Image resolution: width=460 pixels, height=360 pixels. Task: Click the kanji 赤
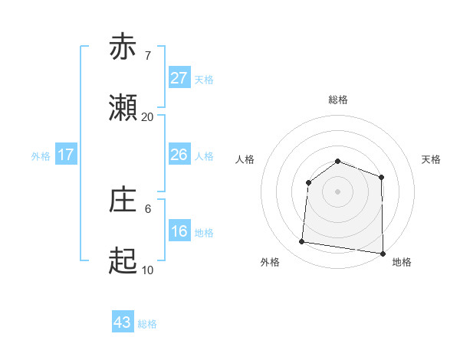[123, 47]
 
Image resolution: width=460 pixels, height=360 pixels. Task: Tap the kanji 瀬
[123, 109]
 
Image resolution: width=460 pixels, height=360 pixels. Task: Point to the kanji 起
[123, 261]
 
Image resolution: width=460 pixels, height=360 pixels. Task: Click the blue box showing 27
[179, 78]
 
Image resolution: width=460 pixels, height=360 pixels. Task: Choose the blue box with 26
[179, 155]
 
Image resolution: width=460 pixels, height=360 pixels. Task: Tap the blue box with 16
[179, 231]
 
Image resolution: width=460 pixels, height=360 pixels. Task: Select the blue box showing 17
[66, 155]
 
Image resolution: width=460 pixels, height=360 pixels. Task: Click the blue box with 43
[123, 322]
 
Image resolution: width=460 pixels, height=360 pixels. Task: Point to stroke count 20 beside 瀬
[147, 117]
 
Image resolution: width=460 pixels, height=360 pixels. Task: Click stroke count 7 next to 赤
[147, 56]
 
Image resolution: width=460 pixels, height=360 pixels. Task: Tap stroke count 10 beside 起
[147, 270]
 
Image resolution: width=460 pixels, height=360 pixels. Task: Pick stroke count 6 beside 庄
[147, 208]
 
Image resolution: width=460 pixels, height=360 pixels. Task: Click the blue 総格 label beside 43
[147, 324]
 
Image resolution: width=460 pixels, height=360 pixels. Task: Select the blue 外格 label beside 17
[41, 156]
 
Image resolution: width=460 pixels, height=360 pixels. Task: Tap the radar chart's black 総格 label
[337, 100]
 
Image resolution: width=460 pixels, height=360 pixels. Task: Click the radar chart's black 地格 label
[402, 262]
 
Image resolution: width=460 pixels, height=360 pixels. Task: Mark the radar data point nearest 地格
[382, 253]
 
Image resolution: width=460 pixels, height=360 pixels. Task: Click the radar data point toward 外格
[302, 242]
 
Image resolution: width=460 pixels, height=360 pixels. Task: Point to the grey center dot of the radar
[337, 191]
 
